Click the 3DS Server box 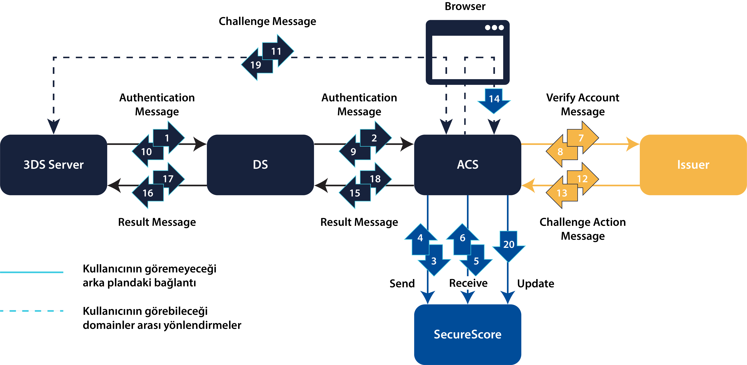[54, 165]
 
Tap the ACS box [467, 165]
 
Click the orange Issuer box [693, 165]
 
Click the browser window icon [467, 52]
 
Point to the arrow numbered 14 [494, 100]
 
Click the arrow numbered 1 [168, 138]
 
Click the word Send [402, 283]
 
